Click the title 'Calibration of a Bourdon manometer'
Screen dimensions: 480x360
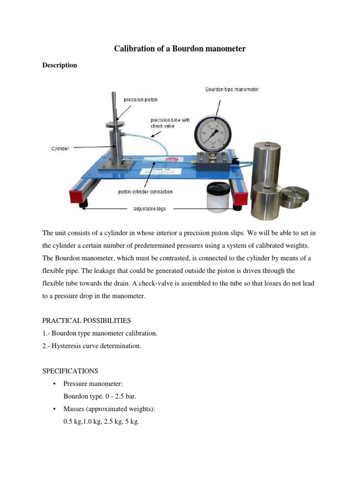(180, 49)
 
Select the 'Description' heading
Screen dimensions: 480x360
(60, 65)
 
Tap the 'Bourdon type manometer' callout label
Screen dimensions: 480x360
(232, 89)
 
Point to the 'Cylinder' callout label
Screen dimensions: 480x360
(60, 149)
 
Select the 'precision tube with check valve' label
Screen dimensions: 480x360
(171, 123)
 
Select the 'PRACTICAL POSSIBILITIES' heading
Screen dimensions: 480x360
(87, 321)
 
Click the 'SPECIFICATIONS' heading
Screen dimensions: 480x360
(70, 371)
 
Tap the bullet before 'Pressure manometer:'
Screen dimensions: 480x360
(55, 384)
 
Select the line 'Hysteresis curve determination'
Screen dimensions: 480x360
(91, 346)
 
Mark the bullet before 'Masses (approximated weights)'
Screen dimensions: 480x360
(55, 409)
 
